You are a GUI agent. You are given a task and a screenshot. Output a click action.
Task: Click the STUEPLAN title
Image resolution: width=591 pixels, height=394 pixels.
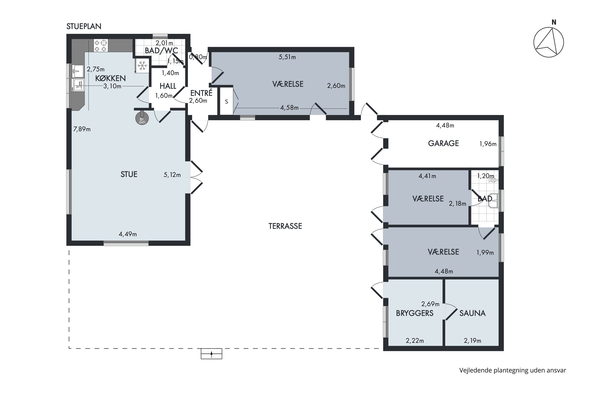coord(84,26)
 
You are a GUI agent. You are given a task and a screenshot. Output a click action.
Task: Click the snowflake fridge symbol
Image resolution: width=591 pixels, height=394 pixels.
coord(142,66)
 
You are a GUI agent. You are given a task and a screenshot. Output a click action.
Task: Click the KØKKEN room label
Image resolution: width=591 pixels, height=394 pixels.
coord(110,78)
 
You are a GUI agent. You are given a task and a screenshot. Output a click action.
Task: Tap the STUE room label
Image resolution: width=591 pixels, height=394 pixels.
coord(129,174)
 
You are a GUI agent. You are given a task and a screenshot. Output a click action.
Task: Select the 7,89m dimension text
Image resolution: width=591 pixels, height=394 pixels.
coord(82,129)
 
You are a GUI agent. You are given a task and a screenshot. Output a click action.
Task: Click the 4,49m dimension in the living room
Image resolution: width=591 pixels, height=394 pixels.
coord(128,234)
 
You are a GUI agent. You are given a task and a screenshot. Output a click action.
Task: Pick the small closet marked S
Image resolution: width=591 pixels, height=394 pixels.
coord(226,101)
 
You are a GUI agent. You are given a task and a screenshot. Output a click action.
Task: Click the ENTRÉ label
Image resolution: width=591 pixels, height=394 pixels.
coord(201,93)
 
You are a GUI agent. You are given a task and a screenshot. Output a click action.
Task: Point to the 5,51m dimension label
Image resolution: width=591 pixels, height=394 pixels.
coord(287,57)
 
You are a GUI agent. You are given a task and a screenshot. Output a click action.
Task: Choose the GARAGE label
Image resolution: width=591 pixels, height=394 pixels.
coord(443,143)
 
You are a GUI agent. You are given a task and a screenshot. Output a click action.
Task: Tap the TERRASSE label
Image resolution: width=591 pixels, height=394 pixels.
coord(285,226)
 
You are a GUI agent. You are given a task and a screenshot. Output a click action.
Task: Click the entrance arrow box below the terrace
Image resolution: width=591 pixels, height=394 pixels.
coord(211,354)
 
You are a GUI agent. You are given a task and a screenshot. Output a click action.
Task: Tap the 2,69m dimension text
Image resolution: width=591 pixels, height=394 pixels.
coord(430,304)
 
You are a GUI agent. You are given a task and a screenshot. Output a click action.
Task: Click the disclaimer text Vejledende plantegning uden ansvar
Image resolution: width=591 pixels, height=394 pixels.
coord(513,370)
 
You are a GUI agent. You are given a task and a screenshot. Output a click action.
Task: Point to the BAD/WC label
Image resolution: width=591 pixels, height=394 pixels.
coord(161,50)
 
